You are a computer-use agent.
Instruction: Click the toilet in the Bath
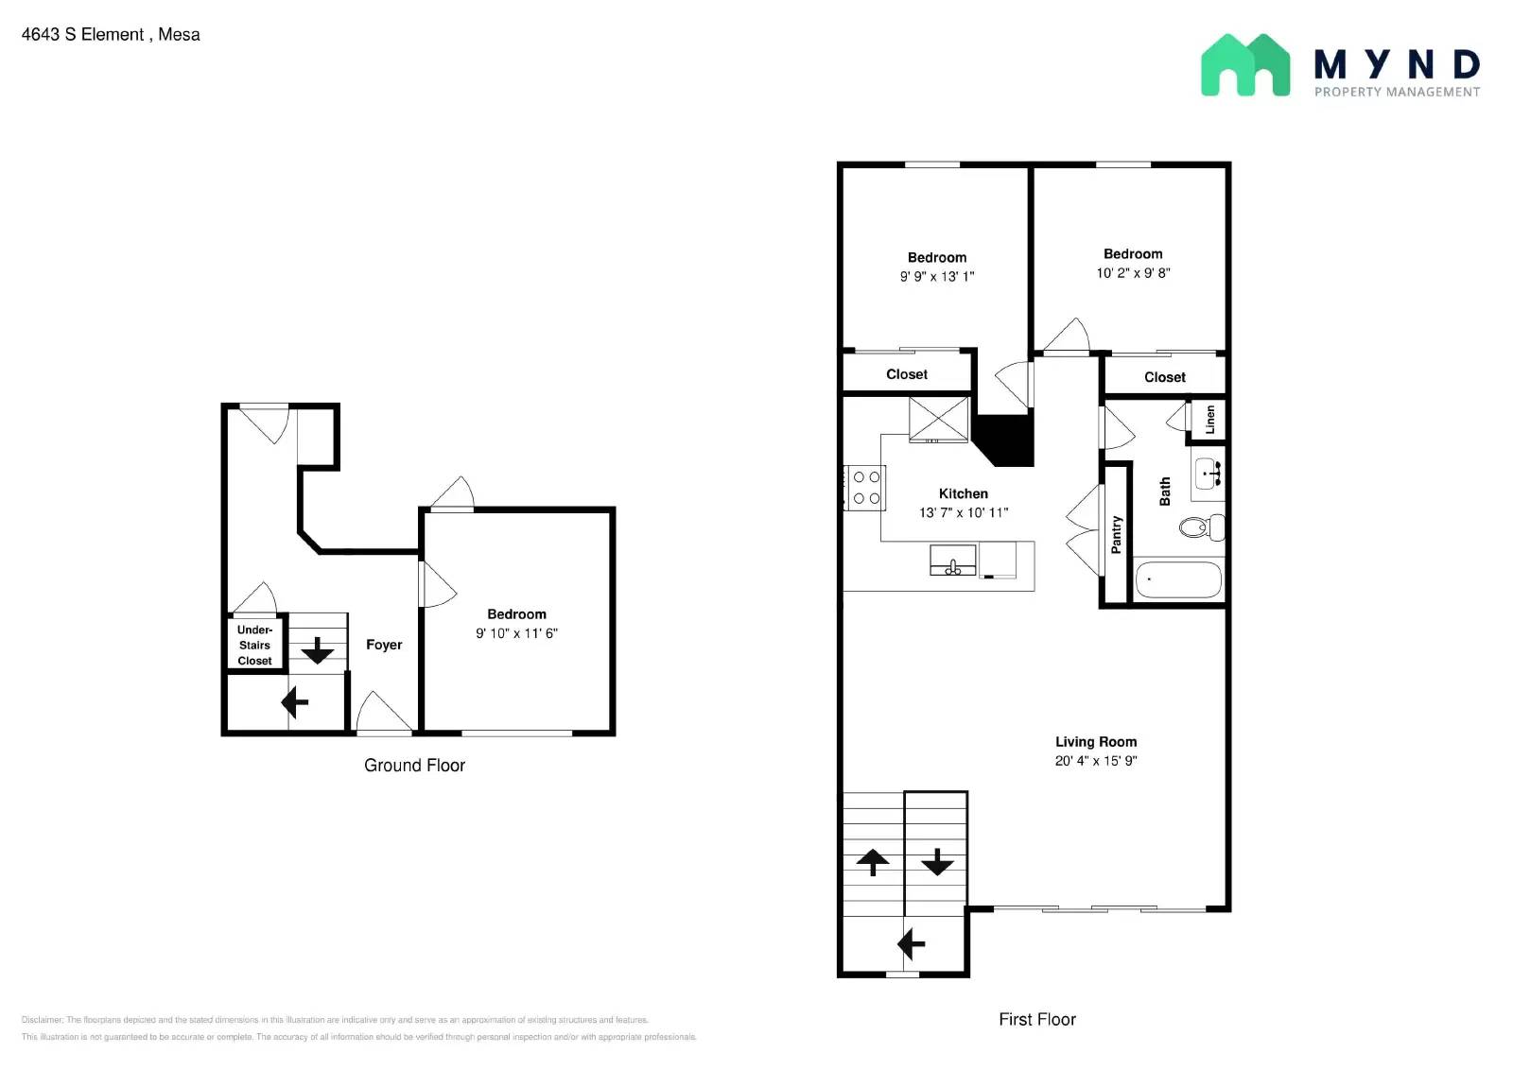[x=1202, y=526]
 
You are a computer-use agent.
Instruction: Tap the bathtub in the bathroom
[x=1177, y=579]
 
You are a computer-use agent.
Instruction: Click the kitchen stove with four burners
[x=865, y=488]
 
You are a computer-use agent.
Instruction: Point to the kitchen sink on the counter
[x=952, y=561]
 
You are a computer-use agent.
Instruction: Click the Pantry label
[x=1116, y=535]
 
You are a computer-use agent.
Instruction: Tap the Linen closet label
[x=1209, y=420]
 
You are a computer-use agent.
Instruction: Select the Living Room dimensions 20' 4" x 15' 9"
[x=1095, y=761]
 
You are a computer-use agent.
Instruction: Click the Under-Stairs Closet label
[x=254, y=646]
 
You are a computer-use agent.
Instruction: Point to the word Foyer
[x=384, y=645]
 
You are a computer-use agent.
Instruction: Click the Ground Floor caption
[x=414, y=766]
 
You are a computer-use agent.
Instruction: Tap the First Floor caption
[x=1036, y=1020]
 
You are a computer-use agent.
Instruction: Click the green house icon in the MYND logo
[x=1244, y=65]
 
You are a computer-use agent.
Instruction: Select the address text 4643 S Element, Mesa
[x=111, y=35]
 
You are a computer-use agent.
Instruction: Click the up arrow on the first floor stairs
[x=872, y=862]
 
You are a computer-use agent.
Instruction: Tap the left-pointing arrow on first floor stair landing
[x=911, y=944]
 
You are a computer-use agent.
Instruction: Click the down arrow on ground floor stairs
[x=317, y=650]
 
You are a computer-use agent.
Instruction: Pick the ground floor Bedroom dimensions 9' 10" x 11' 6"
[x=516, y=633]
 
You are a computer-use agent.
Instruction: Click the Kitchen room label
[x=963, y=493]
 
